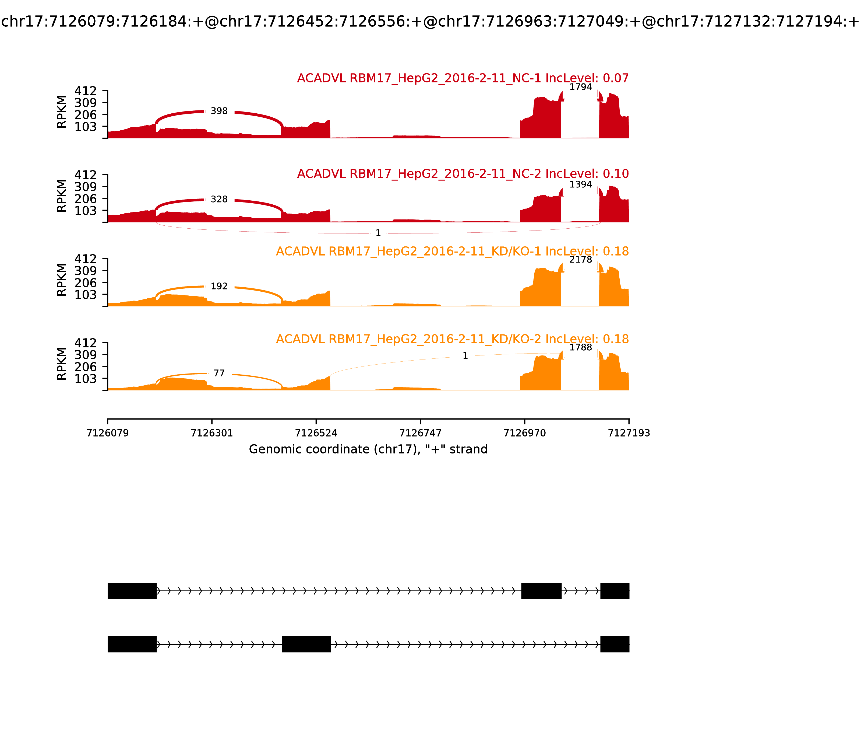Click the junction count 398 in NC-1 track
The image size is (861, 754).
(219, 111)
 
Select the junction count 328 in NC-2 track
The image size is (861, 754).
(219, 200)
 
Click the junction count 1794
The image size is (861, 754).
(581, 87)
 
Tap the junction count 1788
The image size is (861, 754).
(581, 348)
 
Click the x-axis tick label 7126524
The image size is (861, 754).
(316, 433)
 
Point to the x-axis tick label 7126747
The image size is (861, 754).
(420, 433)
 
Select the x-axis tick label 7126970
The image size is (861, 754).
(525, 433)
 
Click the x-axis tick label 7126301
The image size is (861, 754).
(212, 433)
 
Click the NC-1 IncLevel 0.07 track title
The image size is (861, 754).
(463, 78)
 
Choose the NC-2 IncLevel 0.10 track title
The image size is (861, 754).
(463, 174)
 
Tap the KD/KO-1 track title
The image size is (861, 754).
(452, 252)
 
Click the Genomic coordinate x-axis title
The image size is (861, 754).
(368, 449)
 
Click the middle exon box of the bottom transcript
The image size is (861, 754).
(306, 644)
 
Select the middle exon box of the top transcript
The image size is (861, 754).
(541, 591)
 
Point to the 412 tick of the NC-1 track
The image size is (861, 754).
(86, 91)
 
